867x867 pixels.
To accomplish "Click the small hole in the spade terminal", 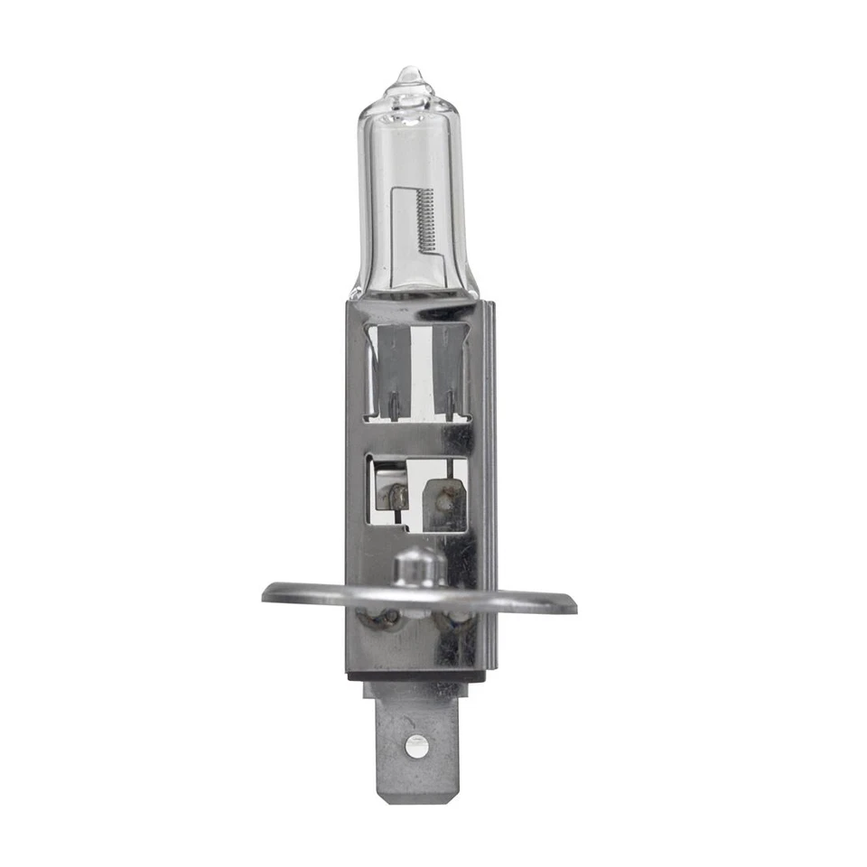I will click(x=415, y=745).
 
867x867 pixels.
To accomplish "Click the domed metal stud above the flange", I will click(x=420, y=566).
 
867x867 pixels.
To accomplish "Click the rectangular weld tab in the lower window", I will click(x=444, y=503).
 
